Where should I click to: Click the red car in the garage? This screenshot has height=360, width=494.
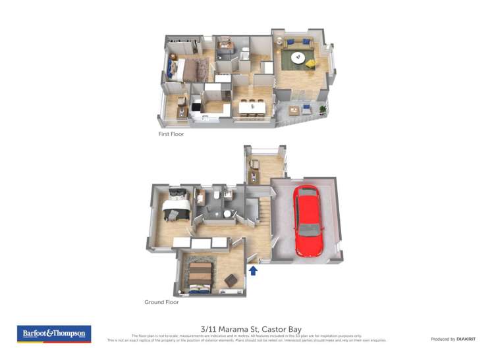(308, 220)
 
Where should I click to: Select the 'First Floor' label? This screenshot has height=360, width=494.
(171, 134)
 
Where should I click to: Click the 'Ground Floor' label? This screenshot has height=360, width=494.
(161, 302)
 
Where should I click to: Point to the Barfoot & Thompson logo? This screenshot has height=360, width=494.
(54, 334)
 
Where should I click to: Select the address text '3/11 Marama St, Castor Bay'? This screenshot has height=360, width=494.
(246, 328)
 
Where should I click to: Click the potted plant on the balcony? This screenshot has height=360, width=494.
(323, 109)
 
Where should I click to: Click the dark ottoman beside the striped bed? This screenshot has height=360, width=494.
(231, 280)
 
